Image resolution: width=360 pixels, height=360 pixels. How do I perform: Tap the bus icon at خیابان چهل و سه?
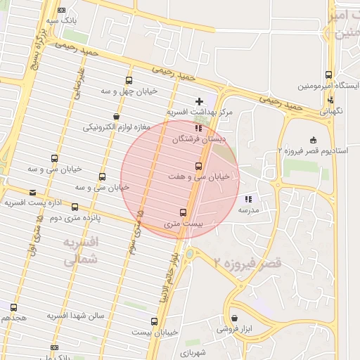click(128, 80)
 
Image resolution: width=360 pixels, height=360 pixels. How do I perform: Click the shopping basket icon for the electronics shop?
click(115, 116)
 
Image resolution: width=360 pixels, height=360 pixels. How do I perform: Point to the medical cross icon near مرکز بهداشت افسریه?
click(200, 102)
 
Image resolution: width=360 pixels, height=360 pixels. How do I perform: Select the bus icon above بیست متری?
click(183, 212)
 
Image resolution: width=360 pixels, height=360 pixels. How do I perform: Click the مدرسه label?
click(249, 210)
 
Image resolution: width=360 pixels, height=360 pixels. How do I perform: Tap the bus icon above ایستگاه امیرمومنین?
click(328, 75)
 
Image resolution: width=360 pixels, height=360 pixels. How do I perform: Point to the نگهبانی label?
click(331, 111)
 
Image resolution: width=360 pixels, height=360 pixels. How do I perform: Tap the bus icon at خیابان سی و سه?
click(103, 176)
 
